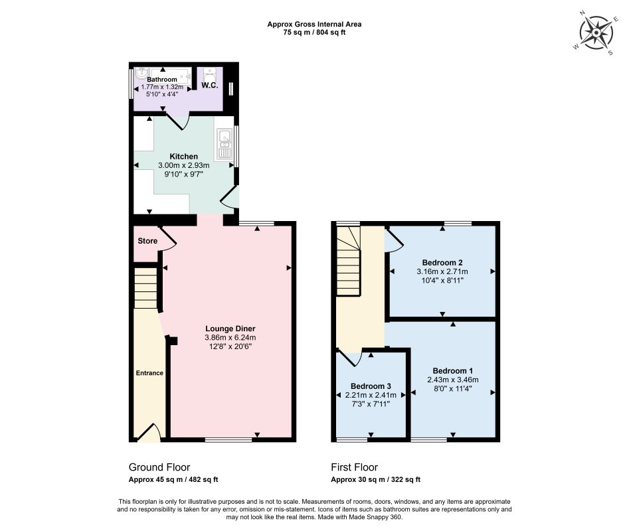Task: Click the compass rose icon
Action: [596, 33]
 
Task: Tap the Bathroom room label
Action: [161, 80]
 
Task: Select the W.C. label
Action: [209, 86]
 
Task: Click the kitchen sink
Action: [225, 143]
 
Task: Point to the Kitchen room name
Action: [184, 156]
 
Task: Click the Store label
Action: [147, 241]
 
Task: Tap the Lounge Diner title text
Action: [230, 329]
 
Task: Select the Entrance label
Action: [149, 373]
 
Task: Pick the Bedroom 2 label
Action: [442, 262]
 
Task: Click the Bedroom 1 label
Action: [452, 370]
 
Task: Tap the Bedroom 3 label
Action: [371, 386]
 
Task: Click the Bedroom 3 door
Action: [351, 358]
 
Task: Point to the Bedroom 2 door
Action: [395, 240]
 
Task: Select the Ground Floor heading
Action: [159, 467]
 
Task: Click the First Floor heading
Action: [354, 467]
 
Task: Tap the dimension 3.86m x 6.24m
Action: [230, 337]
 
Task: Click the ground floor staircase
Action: [145, 288]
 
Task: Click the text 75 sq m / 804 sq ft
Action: [314, 33]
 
